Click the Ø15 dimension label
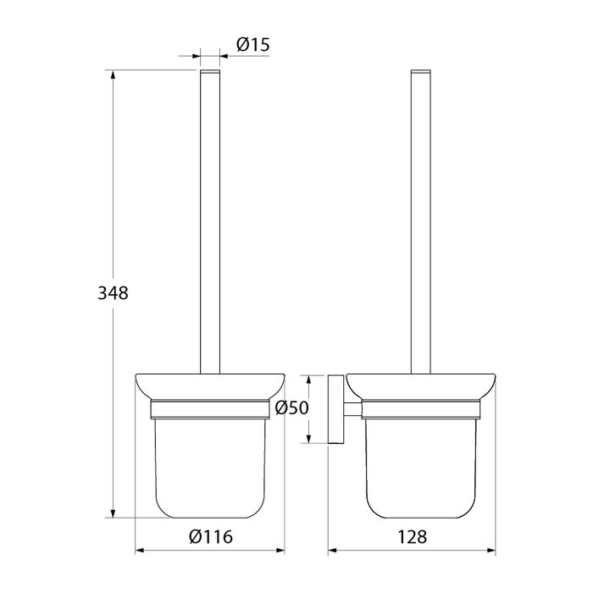pyautogui.click(x=253, y=45)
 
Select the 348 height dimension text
pyautogui.click(x=113, y=293)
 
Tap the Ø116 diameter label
pyautogui.click(x=211, y=536)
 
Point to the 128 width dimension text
pyautogui.click(x=413, y=536)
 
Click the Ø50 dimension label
pyautogui.click(x=292, y=407)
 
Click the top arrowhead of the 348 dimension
pyautogui.click(x=113, y=75)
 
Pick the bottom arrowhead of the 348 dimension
pyautogui.click(x=113, y=513)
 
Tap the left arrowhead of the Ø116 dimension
pyautogui.click(x=140, y=551)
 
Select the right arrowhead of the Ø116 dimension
pyautogui.click(x=280, y=551)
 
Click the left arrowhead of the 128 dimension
pyautogui.click(x=332, y=551)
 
